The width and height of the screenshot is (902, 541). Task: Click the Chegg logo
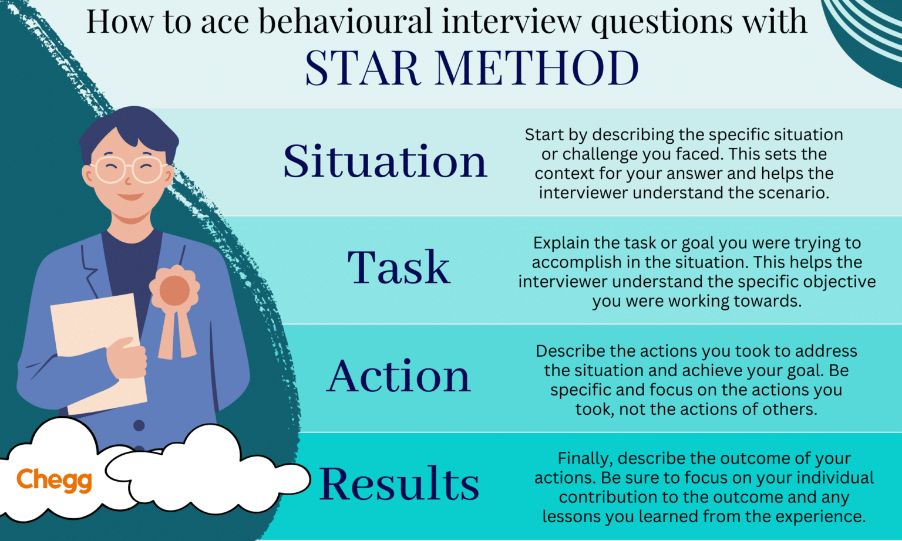pos(54,480)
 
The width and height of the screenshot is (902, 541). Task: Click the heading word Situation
pos(385,161)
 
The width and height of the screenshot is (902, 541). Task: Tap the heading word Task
pos(399,268)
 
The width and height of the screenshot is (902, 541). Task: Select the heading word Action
pos(399,376)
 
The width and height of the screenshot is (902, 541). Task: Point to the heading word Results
pos(399,484)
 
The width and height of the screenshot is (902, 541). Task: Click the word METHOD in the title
pos(536,68)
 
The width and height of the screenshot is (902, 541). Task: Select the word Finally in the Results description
pos(584,458)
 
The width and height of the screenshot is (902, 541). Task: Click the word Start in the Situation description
pos(544,135)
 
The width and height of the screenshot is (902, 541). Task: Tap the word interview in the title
pos(511,22)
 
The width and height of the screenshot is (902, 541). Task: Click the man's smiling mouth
pos(130,197)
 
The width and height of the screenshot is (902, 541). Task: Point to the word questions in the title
pos(661,22)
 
